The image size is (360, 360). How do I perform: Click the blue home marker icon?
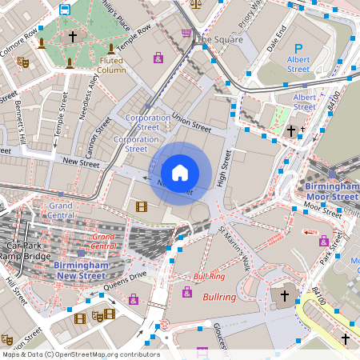tap(179, 172)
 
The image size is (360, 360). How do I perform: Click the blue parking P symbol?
tap(298, 50)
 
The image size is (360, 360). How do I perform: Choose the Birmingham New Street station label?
tap(79, 270)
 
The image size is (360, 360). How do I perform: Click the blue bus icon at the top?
tap(64, 10)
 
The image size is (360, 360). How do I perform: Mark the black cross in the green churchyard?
tap(73, 36)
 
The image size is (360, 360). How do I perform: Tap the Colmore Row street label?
tap(18, 38)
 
